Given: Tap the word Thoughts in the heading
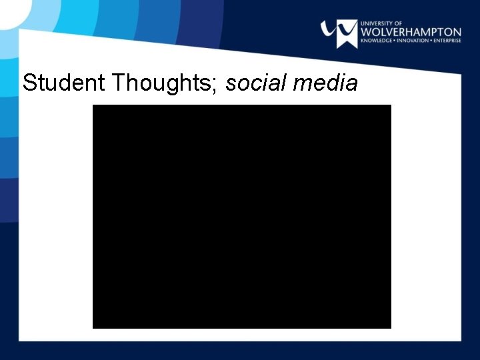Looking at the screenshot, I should (x=163, y=83).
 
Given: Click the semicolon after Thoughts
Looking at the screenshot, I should (x=218, y=85).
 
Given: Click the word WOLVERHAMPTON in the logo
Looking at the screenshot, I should (x=410, y=32).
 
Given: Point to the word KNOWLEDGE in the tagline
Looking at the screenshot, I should (x=377, y=41).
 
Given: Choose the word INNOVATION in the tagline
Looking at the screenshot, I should (x=414, y=41).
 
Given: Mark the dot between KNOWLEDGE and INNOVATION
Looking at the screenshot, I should (x=396, y=41).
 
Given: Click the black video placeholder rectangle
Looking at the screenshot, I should (x=241, y=216).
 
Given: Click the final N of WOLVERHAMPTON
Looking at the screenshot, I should (x=457, y=32).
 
